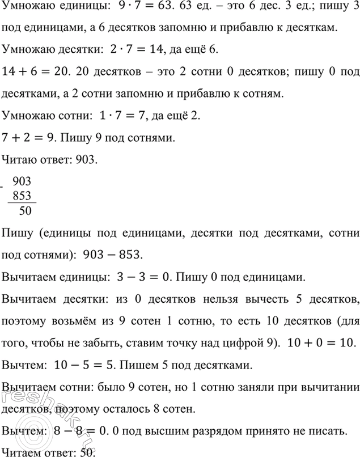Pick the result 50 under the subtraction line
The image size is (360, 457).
25,211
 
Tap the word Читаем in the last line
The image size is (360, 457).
22,452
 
